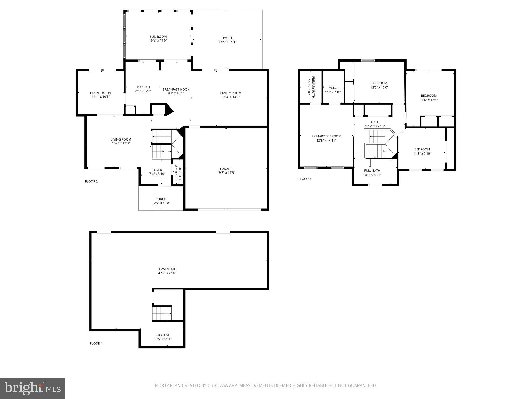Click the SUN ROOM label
tap(158, 37)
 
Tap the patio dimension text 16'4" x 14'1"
tap(227, 42)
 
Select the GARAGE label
tap(226, 169)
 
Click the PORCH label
tap(161, 199)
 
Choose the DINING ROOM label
tap(101, 93)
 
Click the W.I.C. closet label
tap(333, 88)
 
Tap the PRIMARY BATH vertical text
tap(313, 87)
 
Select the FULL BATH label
tap(372, 171)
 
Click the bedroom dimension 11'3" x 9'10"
tap(422, 154)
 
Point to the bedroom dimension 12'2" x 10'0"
tap(379, 88)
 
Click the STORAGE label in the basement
tap(163, 335)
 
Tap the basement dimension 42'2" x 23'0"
tap(167, 273)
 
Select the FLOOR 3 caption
tap(305, 179)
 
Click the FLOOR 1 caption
tap(96, 343)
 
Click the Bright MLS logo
tap(32, 388)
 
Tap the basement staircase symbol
tap(162, 314)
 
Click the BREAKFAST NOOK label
tap(176, 89)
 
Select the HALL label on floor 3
tap(375, 122)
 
